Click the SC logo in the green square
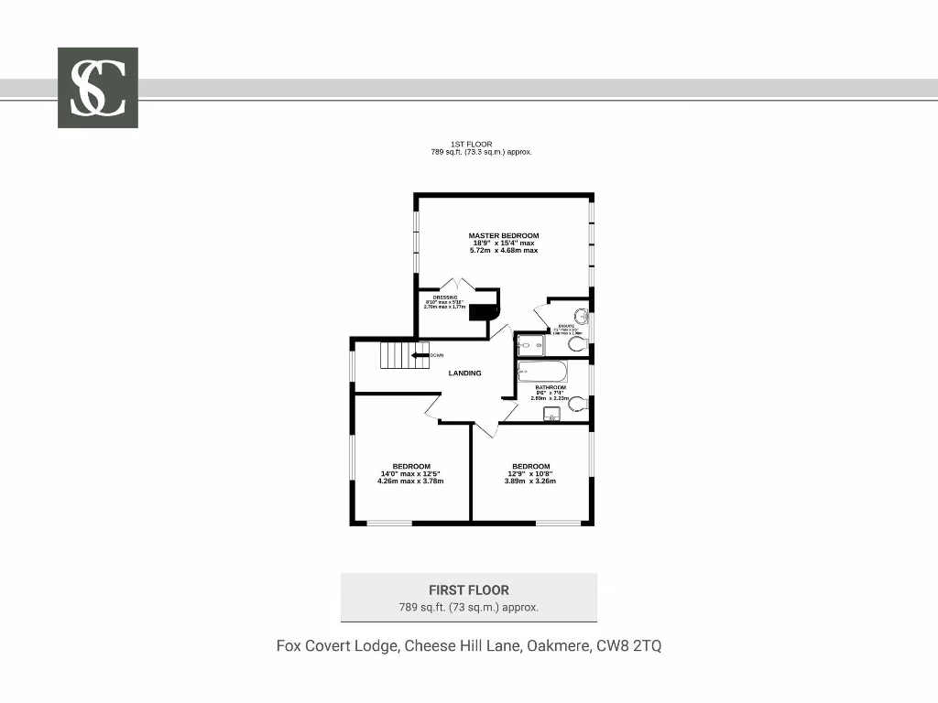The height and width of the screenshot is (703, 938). [98, 88]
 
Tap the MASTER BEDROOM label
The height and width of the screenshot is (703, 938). [503, 235]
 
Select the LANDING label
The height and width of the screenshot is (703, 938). [464, 373]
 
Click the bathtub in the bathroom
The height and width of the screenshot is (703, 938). [542, 372]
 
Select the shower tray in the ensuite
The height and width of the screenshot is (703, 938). [529, 345]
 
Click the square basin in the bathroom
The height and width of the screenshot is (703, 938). [551, 415]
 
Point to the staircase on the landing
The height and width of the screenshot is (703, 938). [404, 354]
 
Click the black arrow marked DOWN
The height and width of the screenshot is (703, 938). [420, 355]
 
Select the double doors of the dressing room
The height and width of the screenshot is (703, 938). [457, 285]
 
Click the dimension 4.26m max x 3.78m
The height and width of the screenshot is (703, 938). [411, 481]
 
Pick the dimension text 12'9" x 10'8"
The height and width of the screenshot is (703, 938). [530, 473]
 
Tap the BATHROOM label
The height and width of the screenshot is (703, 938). [552, 387]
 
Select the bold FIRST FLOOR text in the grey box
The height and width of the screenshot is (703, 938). [468, 590]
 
